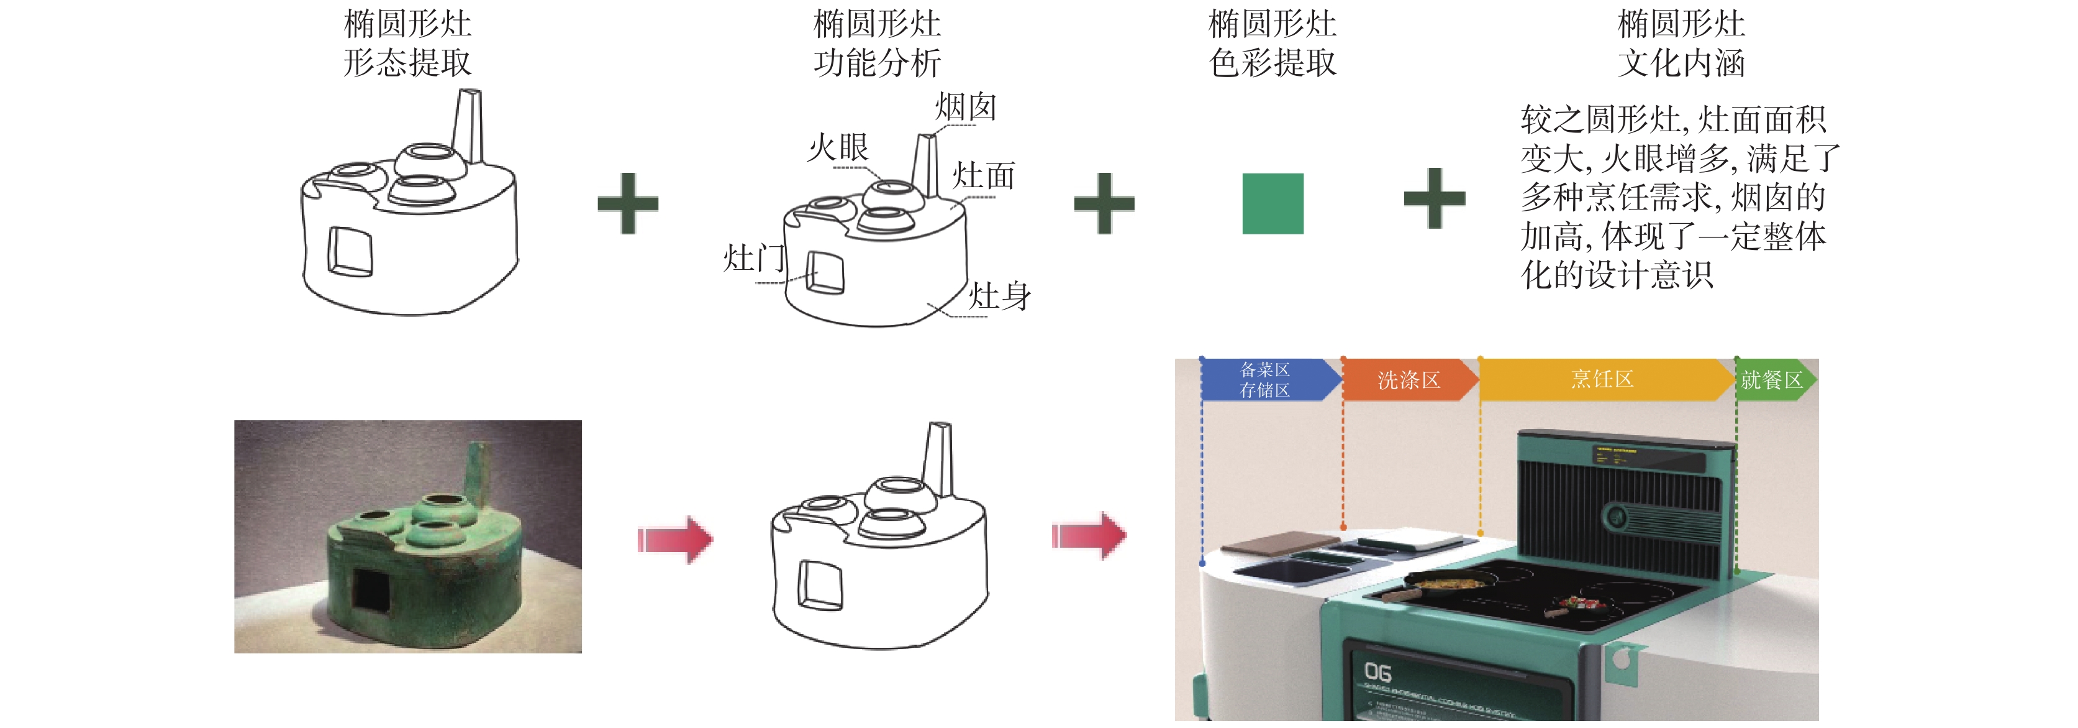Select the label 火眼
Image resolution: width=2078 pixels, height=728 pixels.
(838, 148)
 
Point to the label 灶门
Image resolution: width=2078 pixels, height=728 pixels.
(753, 258)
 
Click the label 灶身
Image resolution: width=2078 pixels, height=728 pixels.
(999, 296)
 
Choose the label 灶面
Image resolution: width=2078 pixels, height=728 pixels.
(983, 175)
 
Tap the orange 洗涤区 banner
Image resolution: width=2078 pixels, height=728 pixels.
(1408, 379)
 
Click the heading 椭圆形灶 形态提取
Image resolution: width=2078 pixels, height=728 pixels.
(407, 43)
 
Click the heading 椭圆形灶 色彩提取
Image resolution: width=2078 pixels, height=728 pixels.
(1272, 43)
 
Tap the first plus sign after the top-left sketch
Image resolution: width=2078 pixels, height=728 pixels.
(628, 203)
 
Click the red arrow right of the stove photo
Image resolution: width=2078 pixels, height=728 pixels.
(675, 539)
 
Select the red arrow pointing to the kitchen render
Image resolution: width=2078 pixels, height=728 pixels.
(1089, 535)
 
